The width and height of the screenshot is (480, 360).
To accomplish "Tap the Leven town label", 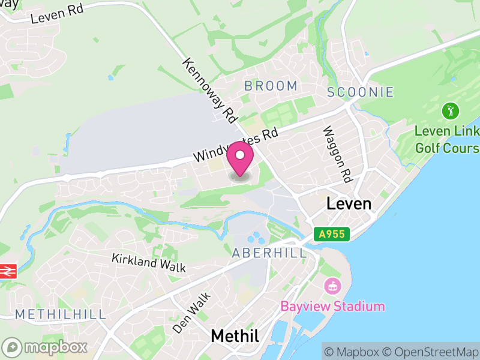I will pos(349,203).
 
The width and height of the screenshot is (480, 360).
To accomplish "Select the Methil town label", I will pos(235,336).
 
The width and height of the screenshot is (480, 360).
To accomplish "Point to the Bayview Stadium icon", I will pos(331,286).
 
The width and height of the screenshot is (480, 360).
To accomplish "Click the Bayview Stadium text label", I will pos(332,306).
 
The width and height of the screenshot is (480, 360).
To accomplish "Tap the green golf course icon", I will pos(451,110).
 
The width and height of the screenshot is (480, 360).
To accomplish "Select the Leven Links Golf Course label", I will pos(447,139).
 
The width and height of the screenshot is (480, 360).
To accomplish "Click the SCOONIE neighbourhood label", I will pos(361,92).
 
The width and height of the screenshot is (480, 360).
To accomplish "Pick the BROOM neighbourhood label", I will pos(271,86).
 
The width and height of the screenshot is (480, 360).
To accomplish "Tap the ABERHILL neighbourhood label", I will pos(269,253).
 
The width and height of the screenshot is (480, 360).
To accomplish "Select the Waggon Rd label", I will pos(336,154).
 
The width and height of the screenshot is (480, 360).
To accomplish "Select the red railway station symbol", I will pos(7,271).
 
